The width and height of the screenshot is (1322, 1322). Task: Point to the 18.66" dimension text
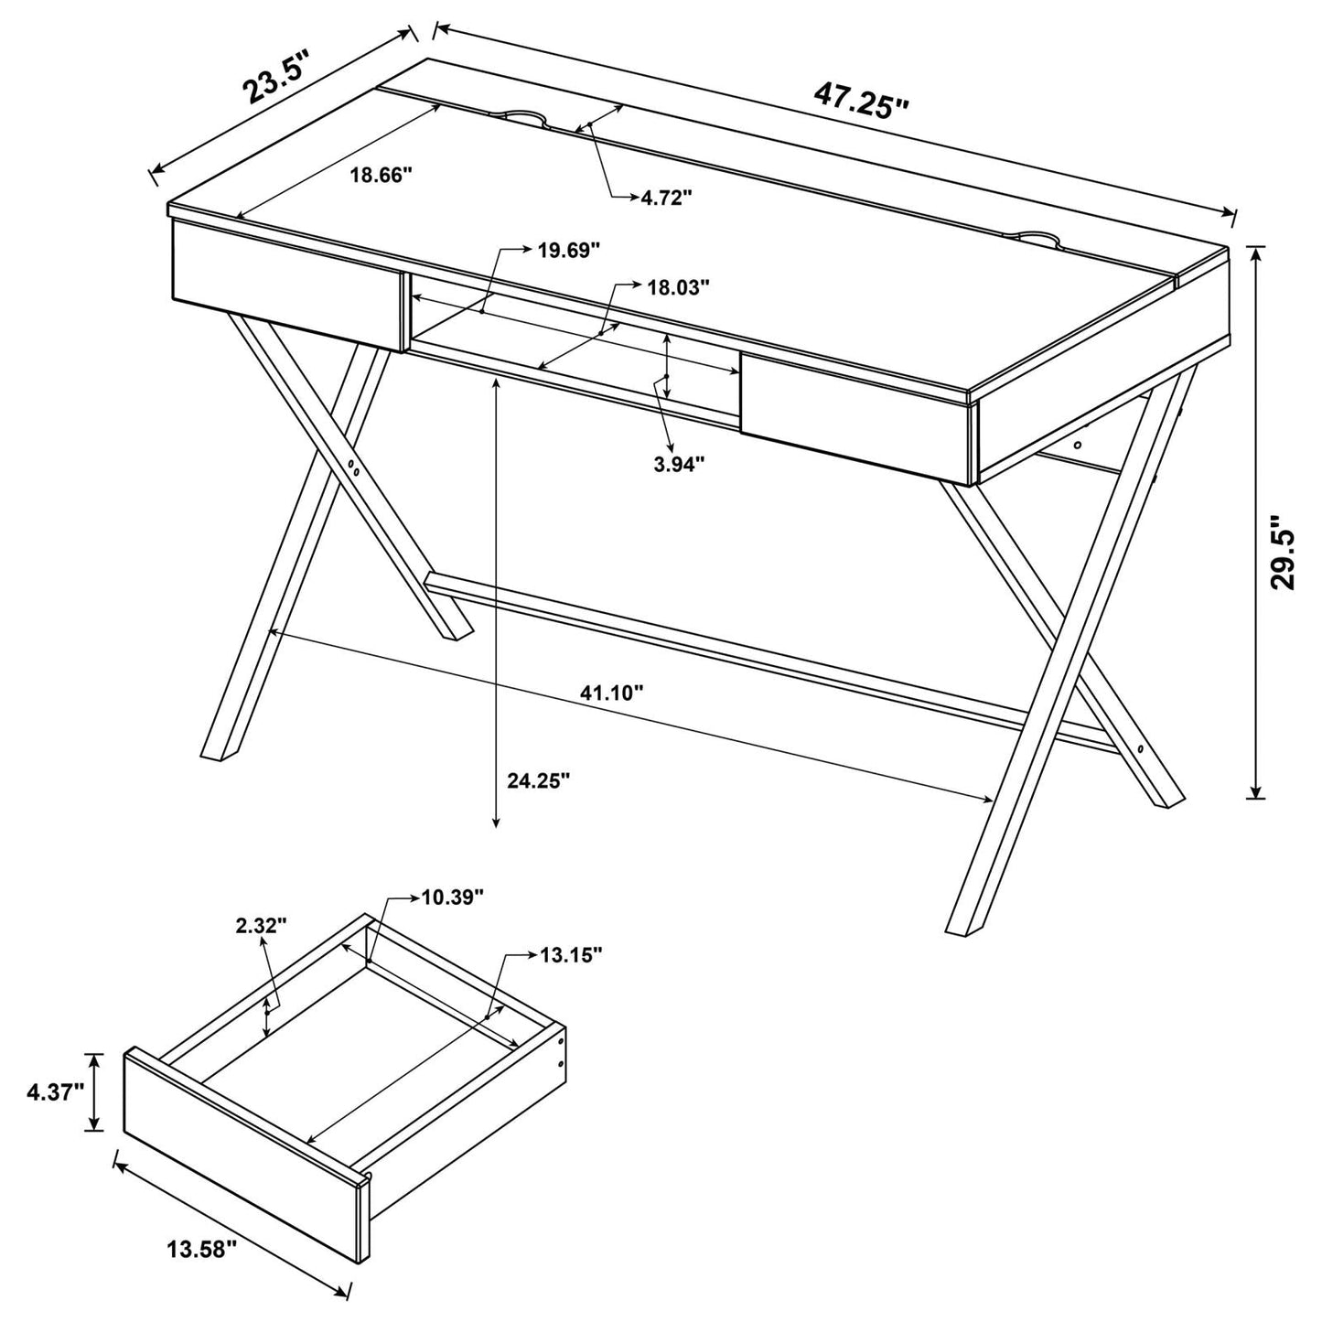pos(382,176)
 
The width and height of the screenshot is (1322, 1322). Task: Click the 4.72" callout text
pos(666,198)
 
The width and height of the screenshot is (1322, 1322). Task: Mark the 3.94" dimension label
pos(679,464)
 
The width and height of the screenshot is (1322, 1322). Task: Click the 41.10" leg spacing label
pos(612,693)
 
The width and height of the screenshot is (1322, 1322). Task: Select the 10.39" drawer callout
pos(452,897)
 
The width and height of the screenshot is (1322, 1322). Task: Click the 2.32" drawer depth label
pos(261,925)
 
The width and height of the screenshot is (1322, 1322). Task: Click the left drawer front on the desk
pos(286,283)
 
